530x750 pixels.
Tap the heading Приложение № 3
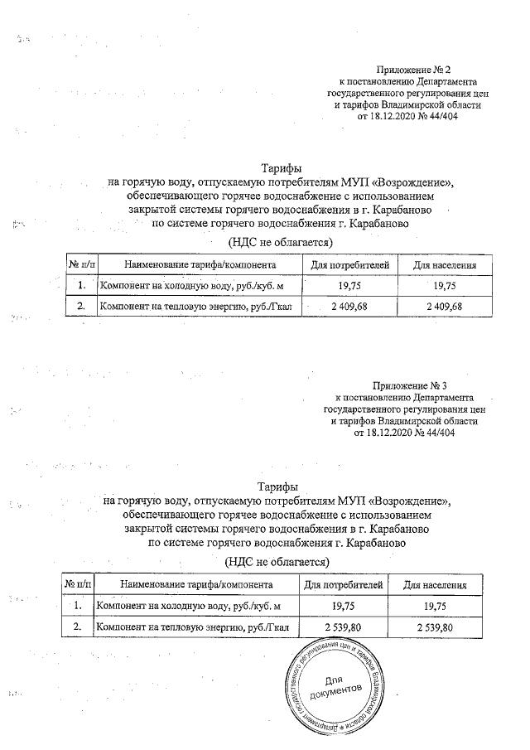tap(411, 385)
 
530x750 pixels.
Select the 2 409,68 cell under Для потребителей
tap(348, 307)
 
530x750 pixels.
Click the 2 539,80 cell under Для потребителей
tap(343, 628)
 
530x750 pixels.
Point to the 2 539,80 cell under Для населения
tap(435, 628)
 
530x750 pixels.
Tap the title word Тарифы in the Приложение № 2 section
tap(282, 168)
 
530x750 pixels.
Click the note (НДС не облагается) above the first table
tap(279, 242)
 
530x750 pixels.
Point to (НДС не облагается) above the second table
tap(276, 562)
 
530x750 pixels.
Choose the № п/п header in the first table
tap(81, 264)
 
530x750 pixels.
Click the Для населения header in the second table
tap(435, 586)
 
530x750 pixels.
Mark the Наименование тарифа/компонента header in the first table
tap(199, 264)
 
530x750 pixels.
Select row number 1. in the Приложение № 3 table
tap(78, 607)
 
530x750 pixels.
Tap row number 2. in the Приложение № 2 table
tap(81, 307)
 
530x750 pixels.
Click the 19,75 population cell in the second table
tap(435, 607)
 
